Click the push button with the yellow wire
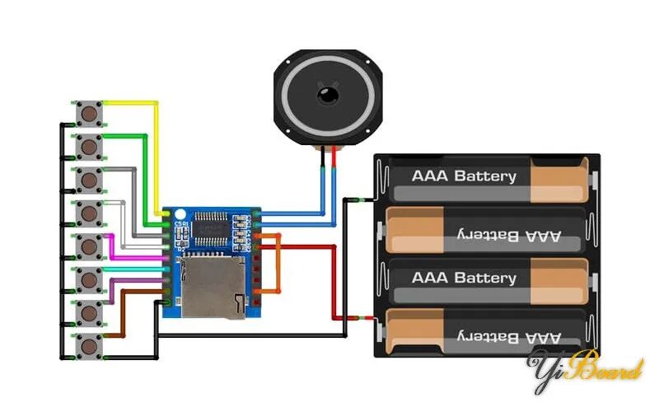pyautogui.click(x=88, y=113)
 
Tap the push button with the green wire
pyautogui.click(x=88, y=147)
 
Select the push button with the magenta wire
pyautogui.click(x=88, y=246)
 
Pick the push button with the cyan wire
pyautogui.click(x=88, y=279)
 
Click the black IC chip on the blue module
pyautogui.click(x=213, y=227)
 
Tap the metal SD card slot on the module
pyautogui.click(x=213, y=285)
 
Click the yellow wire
pyautogui.click(x=132, y=104)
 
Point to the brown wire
pyautogui.click(x=124, y=313)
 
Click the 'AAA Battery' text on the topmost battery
pyautogui.click(x=464, y=176)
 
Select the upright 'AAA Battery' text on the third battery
pyautogui.click(x=464, y=278)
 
